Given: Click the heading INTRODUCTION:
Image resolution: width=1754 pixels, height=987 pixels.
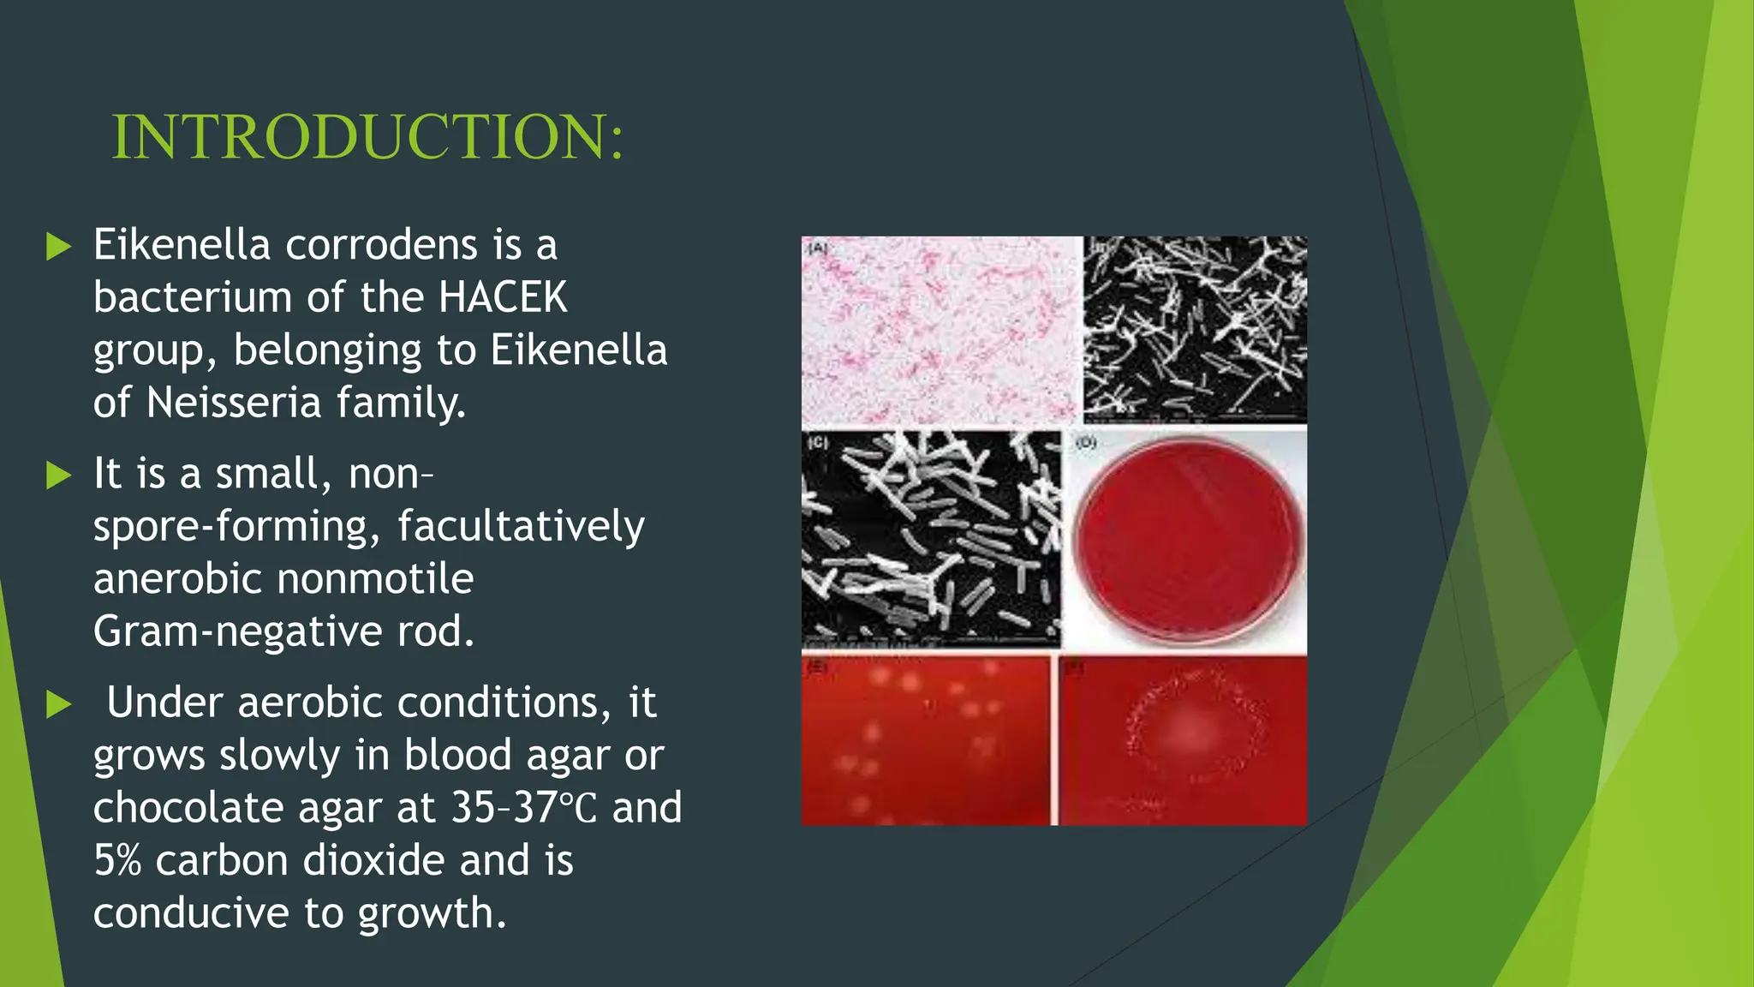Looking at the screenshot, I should tap(368, 137).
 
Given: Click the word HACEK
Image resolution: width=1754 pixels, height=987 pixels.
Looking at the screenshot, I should tap(503, 297).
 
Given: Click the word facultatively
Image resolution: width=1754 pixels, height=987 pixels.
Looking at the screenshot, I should tap(521, 526).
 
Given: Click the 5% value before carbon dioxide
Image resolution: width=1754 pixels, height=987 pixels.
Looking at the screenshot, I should tap(117, 860).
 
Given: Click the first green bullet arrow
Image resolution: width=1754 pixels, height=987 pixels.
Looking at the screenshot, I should tap(58, 247).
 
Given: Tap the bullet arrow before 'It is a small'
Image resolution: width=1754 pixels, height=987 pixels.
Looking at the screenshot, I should tap(58, 475).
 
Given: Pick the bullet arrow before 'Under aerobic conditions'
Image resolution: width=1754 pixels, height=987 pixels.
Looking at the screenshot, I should tap(58, 704).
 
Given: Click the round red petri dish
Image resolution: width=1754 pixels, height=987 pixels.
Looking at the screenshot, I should tap(1188, 541).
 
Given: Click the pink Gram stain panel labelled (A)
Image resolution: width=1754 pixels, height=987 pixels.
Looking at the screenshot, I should tap(940, 330).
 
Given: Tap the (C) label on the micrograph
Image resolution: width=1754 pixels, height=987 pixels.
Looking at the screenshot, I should tap(819, 443).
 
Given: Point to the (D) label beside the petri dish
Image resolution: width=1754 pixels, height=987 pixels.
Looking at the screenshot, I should tap(1086, 443).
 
